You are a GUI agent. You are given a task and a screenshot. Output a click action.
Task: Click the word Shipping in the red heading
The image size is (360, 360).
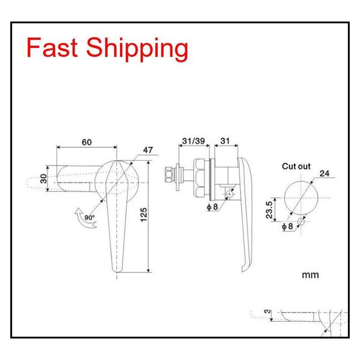(137, 49)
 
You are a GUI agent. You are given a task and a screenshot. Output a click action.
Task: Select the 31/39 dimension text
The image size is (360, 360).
(191, 142)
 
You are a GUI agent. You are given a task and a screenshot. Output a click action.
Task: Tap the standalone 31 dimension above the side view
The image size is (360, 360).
(225, 142)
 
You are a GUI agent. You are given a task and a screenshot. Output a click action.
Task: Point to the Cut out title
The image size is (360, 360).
(297, 166)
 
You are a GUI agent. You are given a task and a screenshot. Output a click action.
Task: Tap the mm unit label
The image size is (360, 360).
(310, 275)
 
